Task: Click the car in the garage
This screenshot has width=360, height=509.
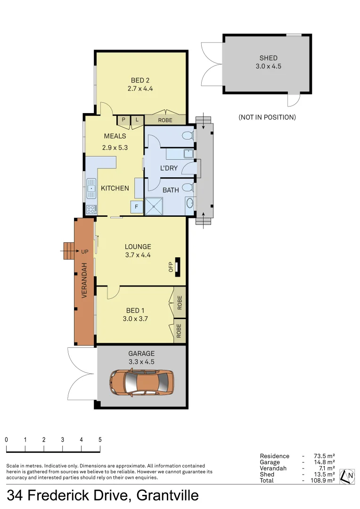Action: pos(141,381)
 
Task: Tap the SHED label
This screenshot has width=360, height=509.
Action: pos(268,58)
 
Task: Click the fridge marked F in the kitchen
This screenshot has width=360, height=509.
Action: pos(137,206)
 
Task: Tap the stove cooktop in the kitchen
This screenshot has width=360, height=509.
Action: pos(91,209)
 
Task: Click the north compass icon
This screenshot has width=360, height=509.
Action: pos(348,476)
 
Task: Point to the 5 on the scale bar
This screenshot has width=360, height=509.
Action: pos(100,439)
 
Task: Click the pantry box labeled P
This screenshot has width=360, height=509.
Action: pos(123,120)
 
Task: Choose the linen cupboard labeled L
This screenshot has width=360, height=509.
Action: pos(137,120)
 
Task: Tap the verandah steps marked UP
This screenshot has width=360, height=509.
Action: pos(70,251)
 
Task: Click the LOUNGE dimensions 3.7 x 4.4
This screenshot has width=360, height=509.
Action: pos(138,255)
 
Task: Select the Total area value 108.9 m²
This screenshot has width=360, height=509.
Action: pos(324,480)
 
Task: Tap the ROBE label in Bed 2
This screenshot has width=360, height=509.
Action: pos(165,120)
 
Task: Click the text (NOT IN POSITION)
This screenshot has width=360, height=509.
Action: pos(267,117)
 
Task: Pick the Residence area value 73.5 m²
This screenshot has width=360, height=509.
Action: pos(324,456)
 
